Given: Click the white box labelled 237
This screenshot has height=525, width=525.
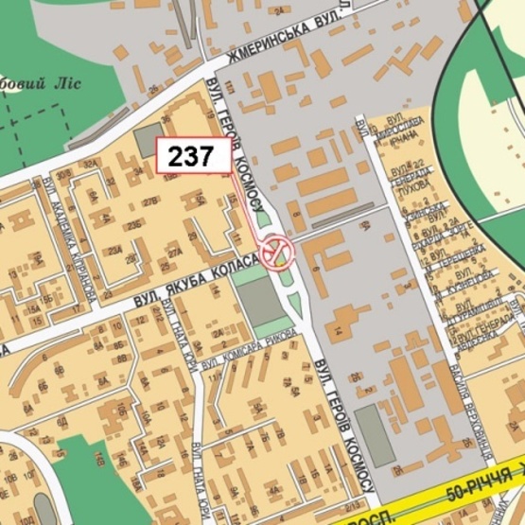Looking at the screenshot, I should pyautogui.click(x=193, y=156).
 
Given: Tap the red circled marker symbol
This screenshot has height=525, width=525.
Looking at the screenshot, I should pyautogui.click(x=279, y=252).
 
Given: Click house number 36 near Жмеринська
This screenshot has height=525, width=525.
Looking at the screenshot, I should pyautogui.click(x=166, y=118).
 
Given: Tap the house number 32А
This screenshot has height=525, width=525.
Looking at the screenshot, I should pyautogui.click(x=93, y=164).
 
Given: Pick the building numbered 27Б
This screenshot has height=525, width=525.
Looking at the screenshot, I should pyautogui.click(x=149, y=201).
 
